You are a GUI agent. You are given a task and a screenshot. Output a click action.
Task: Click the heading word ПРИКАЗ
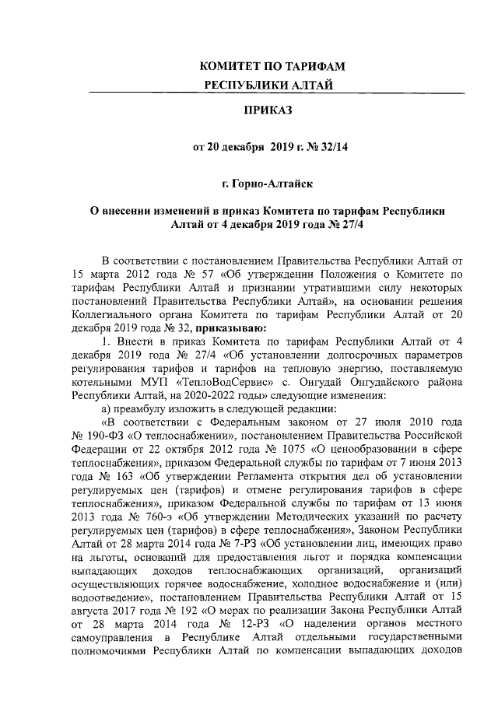tap(269, 112)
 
